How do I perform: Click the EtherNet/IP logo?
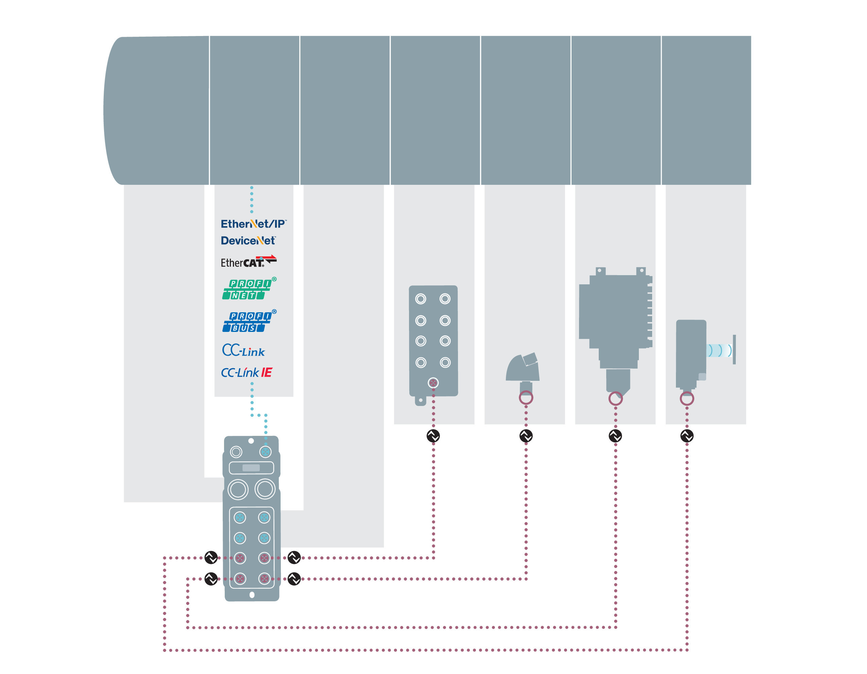pyautogui.click(x=253, y=224)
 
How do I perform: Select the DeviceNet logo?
pyautogui.click(x=248, y=241)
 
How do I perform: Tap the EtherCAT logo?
pyautogui.click(x=249, y=262)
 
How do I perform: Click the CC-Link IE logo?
pyautogui.click(x=247, y=373)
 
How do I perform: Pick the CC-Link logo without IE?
pyautogui.click(x=243, y=351)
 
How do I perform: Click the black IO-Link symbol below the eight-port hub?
pyautogui.click(x=433, y=436)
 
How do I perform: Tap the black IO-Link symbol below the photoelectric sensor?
pyautogui.click(x=687, y=436)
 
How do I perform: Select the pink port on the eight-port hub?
pyautogui.click(x=433, y=383)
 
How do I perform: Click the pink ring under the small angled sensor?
pyautogui.click(x=526, y=397)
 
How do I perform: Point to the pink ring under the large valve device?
pyautogui.click(x=615, y=398)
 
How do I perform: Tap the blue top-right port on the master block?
pyautogui.click(x=265, y=451)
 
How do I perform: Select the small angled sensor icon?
pyautogui.click(x=523, y=369)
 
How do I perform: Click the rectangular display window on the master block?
pyautogui.click(x=251, y=468)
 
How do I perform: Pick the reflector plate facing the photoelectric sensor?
pyautogui.click(x=734, y=350)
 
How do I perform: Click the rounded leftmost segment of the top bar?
pyautogui.click(x=157, y=110)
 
